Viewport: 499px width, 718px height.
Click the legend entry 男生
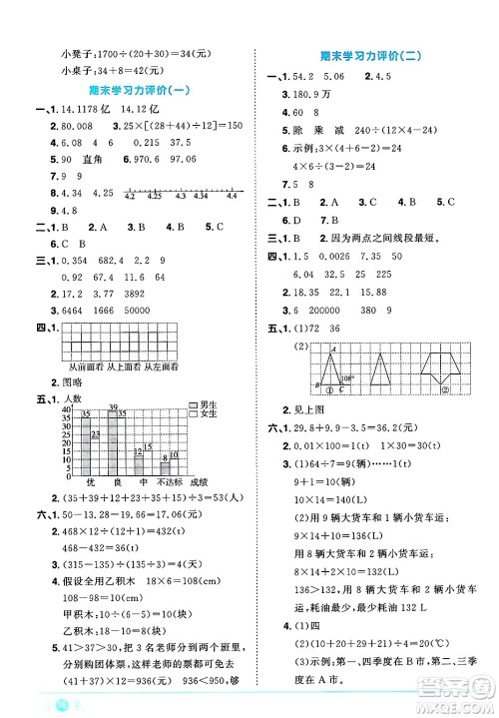coord(208,403)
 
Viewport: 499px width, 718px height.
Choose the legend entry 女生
coord(208,412)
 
